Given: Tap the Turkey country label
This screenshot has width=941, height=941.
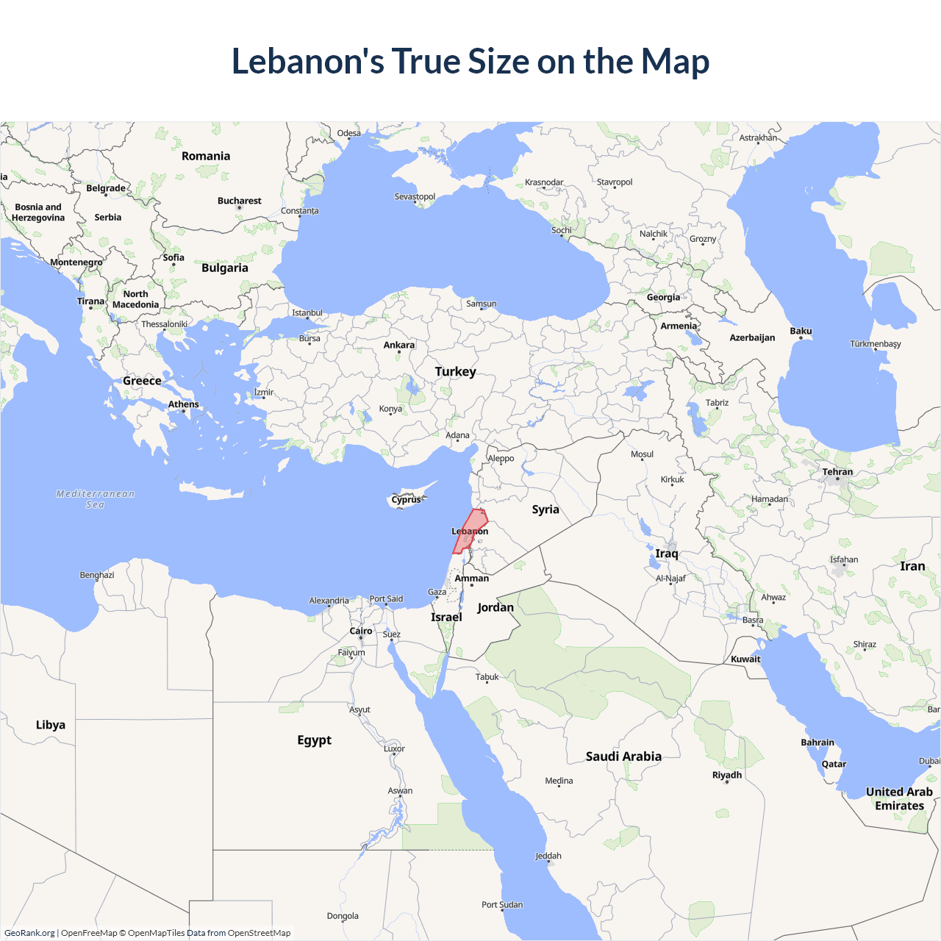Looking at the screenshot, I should point(455,371).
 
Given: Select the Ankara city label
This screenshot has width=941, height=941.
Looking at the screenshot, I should point(399,345).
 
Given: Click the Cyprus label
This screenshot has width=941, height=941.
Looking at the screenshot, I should point(407,500).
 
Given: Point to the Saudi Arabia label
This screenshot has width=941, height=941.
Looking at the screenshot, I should point(623,756).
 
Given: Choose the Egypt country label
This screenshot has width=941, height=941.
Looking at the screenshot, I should point(314,740).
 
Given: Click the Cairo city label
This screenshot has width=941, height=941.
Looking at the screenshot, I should point(361,631).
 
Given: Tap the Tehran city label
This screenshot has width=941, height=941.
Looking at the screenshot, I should point(837,472).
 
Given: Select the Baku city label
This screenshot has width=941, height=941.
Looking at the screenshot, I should point(801,331).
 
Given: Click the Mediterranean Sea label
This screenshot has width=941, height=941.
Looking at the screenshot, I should point(96,499).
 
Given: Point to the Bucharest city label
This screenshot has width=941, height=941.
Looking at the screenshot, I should point(239,201).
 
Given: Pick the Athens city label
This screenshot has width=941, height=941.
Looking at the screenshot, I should point(183,404).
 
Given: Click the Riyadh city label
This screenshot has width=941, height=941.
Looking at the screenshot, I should point(727,775).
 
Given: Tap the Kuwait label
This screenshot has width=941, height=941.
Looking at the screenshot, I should point(745,659).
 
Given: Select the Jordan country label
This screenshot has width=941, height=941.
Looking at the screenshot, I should point(495,607).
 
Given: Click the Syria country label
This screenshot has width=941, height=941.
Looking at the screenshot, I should point(545,509).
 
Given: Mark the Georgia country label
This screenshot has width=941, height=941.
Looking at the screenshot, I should point(663,297).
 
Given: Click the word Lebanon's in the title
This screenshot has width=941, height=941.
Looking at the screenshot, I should point(307,61).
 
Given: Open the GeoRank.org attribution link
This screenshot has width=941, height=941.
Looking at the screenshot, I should point(29,933).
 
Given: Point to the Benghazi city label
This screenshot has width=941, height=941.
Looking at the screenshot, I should point(97,575).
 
